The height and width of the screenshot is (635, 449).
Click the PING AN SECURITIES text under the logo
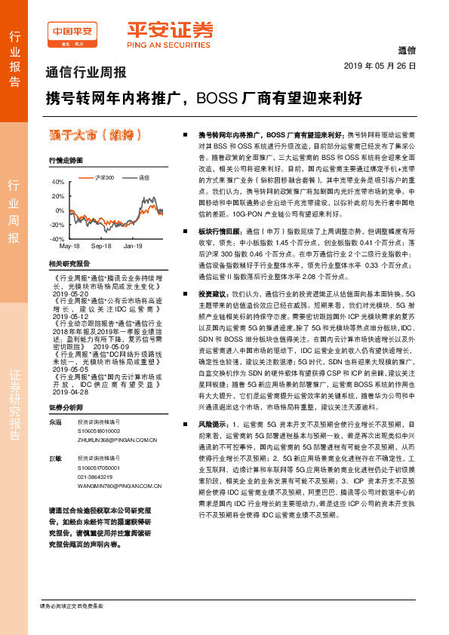168,44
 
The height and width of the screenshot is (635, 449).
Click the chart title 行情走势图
63,161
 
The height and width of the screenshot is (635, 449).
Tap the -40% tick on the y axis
57,238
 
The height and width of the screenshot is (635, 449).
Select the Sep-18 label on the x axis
101,246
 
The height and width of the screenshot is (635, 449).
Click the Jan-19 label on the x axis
133,246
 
